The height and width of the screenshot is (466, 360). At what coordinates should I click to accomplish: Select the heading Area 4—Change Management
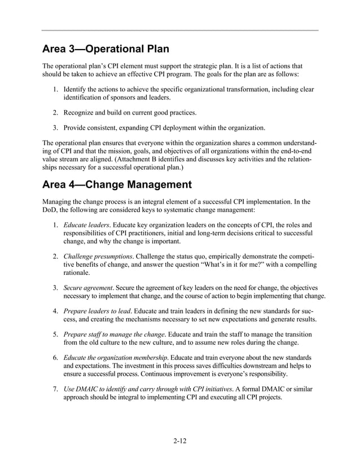click(117, 184)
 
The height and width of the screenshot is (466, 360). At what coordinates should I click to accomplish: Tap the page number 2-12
click(180, 441)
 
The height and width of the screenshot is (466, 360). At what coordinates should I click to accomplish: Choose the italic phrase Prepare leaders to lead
click(98, 311)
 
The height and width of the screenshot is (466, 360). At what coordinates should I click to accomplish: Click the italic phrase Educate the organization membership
click(115, 358)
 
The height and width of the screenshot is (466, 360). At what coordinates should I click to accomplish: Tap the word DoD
click(50, 209)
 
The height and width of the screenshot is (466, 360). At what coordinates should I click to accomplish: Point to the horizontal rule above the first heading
click(180, 30)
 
